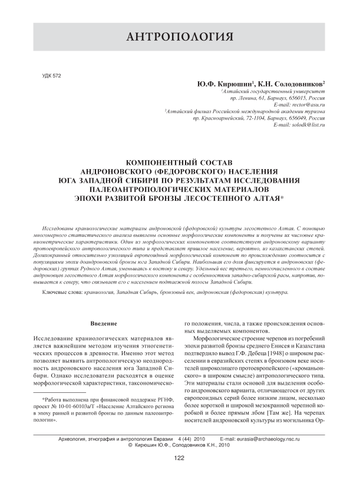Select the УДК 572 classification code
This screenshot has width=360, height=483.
[53, 77]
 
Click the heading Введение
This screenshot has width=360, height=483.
[105, 324]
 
